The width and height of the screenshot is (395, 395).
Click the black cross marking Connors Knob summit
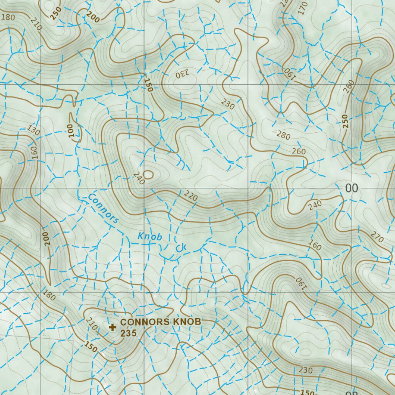pyautogui.click(x=112, y=327)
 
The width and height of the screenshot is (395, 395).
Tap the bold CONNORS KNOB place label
pyautogui.click(x=160, y=322)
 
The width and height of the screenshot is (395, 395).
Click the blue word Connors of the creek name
pyautogui.click(x=103, y=208)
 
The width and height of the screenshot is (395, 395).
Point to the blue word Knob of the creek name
pyautogui.click(x=150, y=236)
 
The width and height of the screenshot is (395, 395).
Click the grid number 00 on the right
pyautogui.click(x=351, y=188)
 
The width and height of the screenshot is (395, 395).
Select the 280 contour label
pyautogui.click(x=284, y=135)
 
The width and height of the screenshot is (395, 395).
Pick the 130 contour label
pyautogui.click(x=34, y=130)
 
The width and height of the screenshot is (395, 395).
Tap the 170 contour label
pyautogui.click(x=303, y=8)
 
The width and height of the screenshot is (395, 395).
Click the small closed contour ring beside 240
pyautogui.click(x=148, y=175)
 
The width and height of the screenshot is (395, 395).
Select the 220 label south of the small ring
pyautogui.click(x=191, y=197)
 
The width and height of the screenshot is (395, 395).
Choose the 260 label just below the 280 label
pyautogui.click(x=299, y=151)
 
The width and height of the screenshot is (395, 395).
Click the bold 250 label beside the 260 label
pyautogui.click(x=344, y=121)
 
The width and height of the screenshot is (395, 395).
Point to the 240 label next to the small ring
pyautogui.click(x=138, y=178)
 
